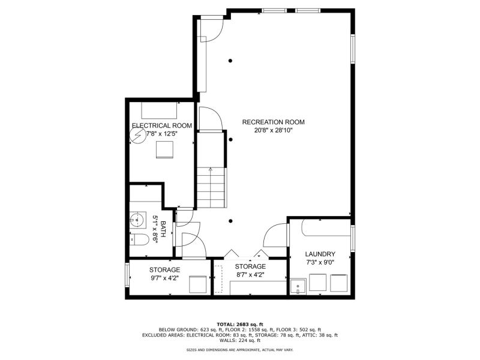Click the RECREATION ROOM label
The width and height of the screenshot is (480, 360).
click(x=274, y=122)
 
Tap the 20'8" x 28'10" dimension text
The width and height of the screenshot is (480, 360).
click(x=274, y=130)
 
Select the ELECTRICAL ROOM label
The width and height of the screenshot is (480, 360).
click(x=162, y=125)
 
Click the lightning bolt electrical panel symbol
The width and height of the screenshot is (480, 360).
click(x=138, y=136)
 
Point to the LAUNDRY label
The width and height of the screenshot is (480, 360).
click(x=320, y=254)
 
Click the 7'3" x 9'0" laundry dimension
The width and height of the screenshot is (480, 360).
click(x=320, y=262)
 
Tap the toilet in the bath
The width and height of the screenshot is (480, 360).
click(x=139, y=239)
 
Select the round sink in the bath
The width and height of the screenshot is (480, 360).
click(x=137, y=220)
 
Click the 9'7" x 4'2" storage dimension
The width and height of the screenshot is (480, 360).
click(x=164, y=278)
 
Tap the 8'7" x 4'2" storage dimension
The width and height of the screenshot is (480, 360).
click(x=250, y=275)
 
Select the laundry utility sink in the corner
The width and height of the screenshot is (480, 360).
click(x=298, y=287)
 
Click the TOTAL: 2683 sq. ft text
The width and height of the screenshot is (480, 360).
click(x=240, y=324)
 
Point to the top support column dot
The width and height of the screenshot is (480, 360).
click(x=230, y=61)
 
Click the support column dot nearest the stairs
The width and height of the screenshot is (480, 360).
click(x=230, y=140)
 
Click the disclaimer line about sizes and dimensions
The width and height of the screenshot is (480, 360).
click(x=240, y=350)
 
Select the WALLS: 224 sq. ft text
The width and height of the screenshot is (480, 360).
click(x=240, y=340)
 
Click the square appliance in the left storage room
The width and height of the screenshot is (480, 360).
click(x=198, y=284)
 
